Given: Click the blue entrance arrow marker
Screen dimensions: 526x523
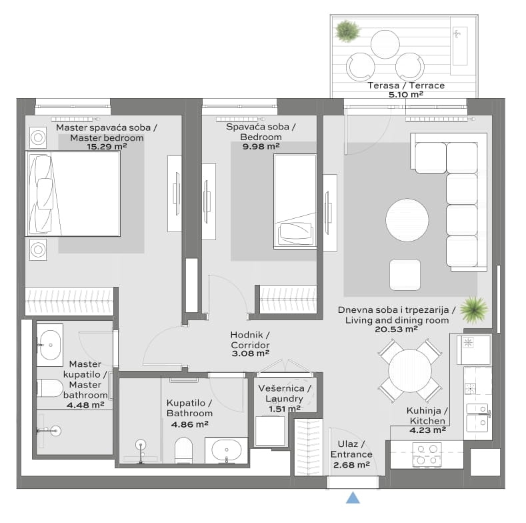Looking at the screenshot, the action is coord(353,498).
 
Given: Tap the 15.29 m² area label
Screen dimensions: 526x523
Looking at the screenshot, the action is coord(107,147).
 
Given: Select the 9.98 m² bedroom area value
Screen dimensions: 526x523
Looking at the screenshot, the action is coord(261,146).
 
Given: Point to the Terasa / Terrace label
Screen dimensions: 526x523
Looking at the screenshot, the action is coord(406,85).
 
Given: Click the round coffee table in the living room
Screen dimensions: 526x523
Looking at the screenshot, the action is coord(407,220).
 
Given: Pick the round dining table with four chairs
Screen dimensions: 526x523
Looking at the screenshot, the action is coord(410,371).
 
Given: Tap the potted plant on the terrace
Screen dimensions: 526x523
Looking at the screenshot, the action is coord(347,31).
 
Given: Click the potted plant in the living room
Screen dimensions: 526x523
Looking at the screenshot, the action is coord(474,310).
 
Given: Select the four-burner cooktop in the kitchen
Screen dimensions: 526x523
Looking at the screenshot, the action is coord(427,454).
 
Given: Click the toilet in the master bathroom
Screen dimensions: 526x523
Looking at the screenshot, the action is coord(49,388).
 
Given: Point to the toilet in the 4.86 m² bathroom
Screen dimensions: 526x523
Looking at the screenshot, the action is coord(183,450).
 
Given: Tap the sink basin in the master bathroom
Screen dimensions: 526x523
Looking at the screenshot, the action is coord(50,345).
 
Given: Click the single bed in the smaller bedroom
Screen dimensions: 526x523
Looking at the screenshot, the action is coord(295,201).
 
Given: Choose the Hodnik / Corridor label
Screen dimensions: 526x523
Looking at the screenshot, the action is coord(250,340).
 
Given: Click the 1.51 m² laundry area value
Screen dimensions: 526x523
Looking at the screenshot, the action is coord(285,409).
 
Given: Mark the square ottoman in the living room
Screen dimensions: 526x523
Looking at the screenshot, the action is coord(405,275).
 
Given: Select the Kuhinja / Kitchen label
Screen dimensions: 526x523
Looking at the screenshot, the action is coord(427,416).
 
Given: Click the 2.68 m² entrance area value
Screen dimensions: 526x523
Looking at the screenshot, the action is coord(351,464).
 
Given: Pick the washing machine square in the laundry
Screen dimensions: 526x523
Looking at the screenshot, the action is coord(270,431).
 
